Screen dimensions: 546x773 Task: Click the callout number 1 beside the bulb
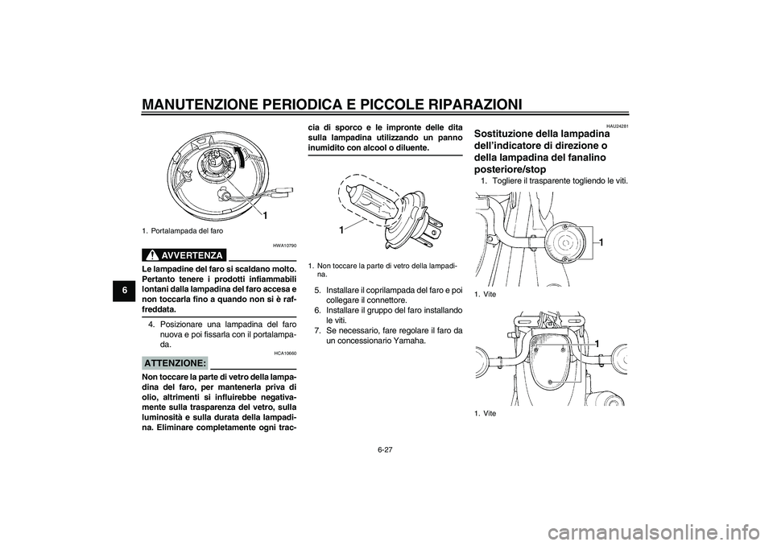tap(341, 230)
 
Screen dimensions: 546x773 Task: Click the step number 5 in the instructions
tap(317, 290)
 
